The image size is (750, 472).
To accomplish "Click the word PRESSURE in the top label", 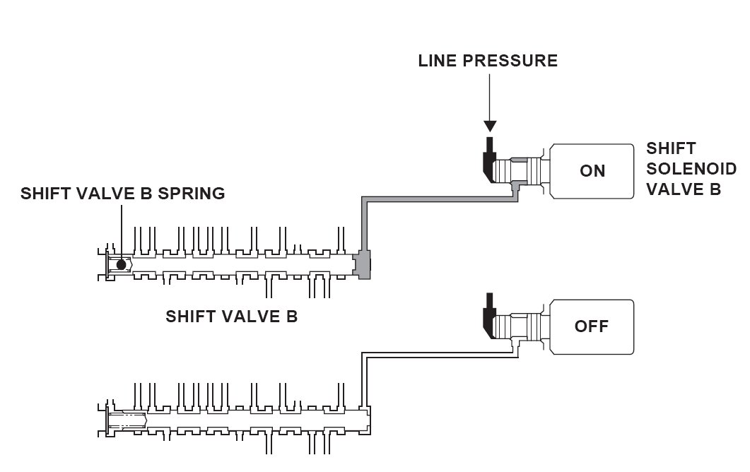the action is coord(510,61).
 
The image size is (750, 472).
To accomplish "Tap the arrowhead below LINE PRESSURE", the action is coord(490,126).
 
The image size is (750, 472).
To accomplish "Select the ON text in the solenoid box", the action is coord(592,171).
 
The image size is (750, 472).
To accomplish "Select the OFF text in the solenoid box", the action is coord(592,326).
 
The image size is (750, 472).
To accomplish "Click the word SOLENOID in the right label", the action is coord(691,169).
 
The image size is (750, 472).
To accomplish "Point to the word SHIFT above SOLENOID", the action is coord(671,148).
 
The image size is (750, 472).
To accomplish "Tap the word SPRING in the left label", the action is coord(192,193).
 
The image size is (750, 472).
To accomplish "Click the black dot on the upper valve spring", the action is coord(121,264).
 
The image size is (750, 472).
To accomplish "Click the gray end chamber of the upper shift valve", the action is coord(363,264).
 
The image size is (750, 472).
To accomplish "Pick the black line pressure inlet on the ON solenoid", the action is coord(489,160).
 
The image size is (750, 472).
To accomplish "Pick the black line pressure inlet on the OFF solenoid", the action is coord(489,316).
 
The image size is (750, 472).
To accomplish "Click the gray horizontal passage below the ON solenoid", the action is coord(440,199).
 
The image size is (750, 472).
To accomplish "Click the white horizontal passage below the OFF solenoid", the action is coord(440,355).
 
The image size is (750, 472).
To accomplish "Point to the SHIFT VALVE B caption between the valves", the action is coord(232,316).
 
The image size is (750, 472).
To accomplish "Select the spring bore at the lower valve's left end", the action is coord(127,420).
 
